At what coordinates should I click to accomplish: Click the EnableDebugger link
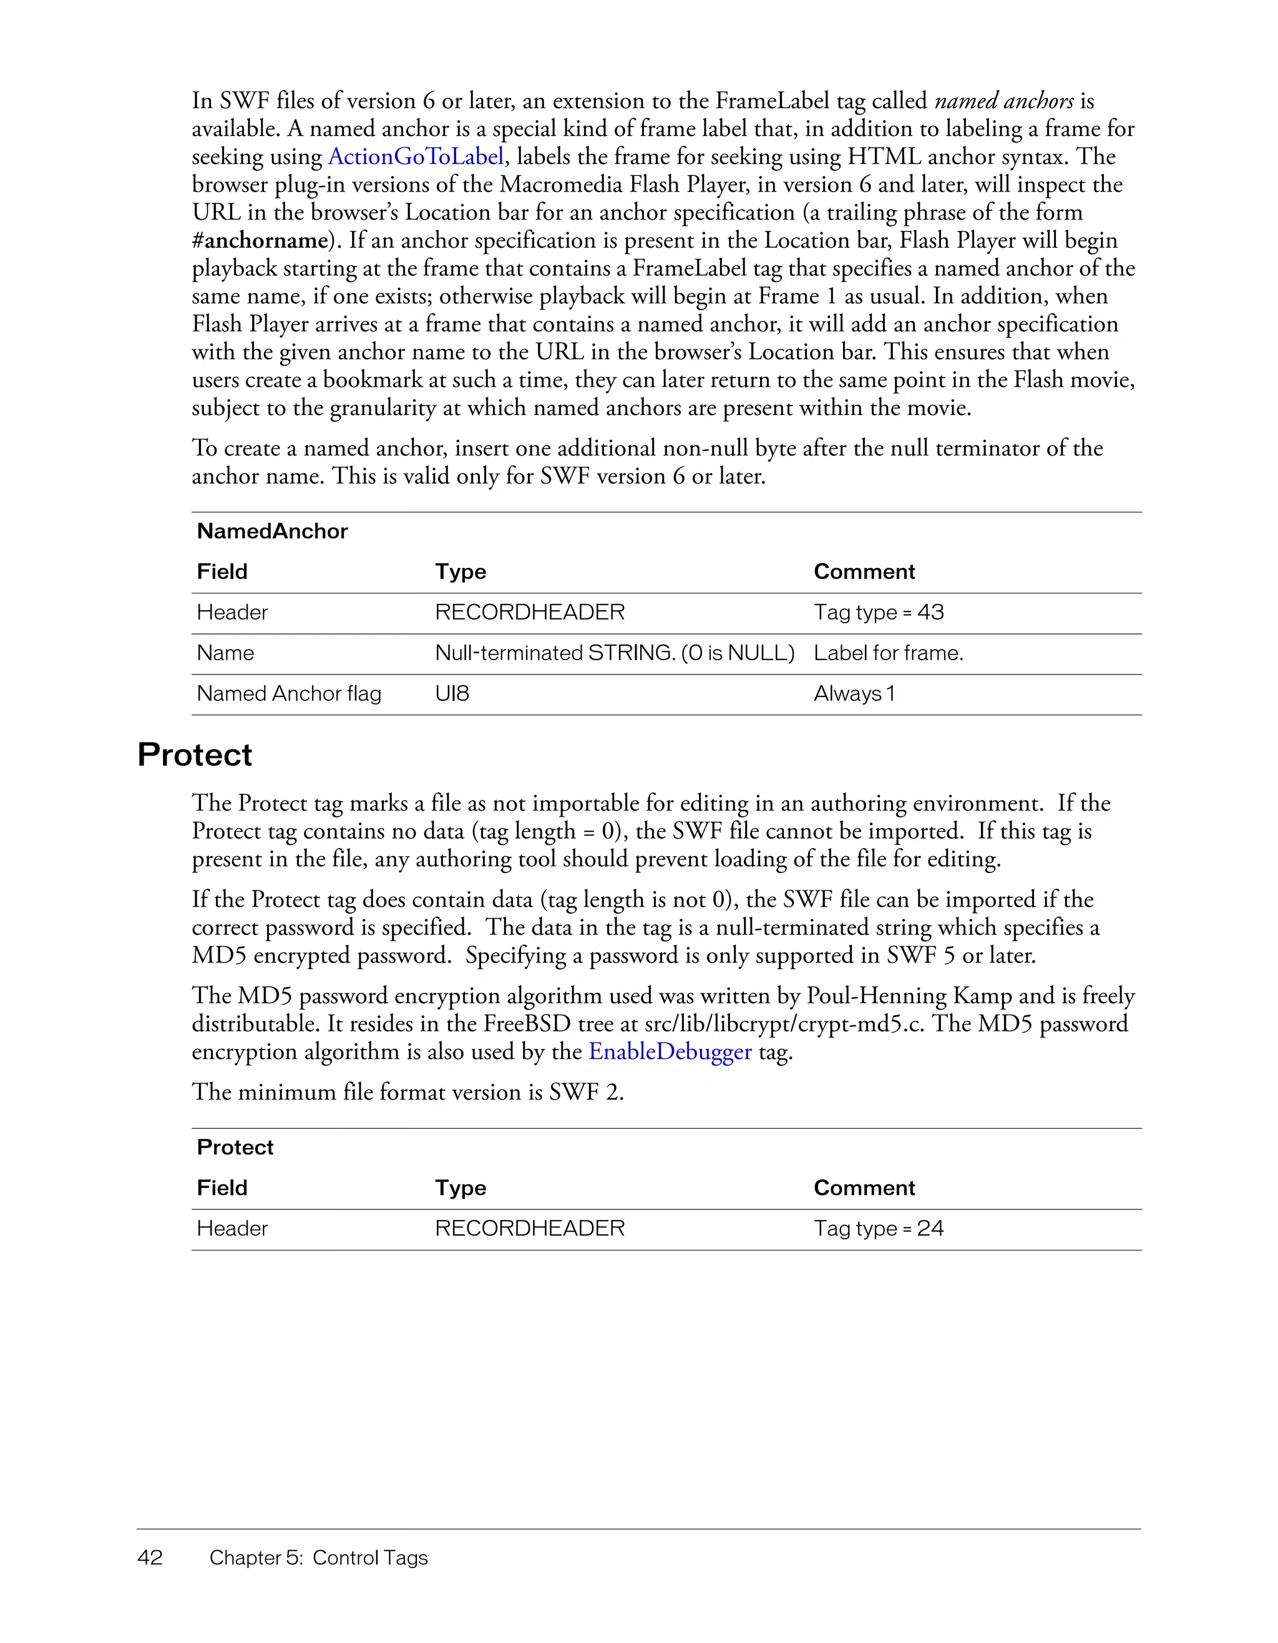click(670, 1051)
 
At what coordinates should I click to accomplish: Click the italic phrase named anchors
click(1004, 101)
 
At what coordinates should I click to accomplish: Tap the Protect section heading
click(195, 754)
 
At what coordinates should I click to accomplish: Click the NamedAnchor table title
click(272, 531)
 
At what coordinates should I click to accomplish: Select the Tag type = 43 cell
click(878, 612)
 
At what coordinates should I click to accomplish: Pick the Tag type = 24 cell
click(878, 1229)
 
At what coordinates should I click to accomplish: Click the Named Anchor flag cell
click(289, 694)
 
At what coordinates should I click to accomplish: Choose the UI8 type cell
click(452, 694)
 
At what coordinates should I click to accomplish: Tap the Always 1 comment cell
click(854, 694)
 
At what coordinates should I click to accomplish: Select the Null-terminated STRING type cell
click(614, 653)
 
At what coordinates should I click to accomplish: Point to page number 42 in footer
click(150, 1558)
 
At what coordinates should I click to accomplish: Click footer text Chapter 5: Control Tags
click(318, 1558)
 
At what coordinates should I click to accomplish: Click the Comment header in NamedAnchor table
click(864, 572)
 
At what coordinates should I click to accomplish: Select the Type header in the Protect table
click(461, 1188)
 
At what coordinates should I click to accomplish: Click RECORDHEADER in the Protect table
click(530, 1229)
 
